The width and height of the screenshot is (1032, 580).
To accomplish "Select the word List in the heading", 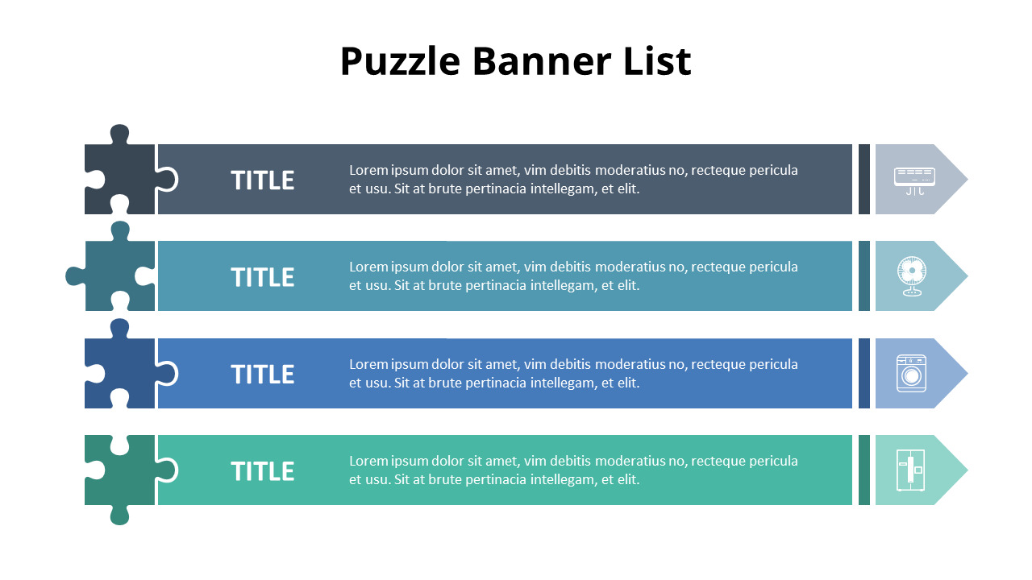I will (656, 62).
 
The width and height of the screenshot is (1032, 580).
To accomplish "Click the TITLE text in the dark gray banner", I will (262, 180).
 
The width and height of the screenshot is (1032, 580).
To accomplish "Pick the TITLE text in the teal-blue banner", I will (262, 277).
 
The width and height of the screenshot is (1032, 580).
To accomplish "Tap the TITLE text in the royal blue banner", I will (262, 375).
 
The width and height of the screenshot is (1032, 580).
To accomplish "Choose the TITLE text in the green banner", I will (262, 471).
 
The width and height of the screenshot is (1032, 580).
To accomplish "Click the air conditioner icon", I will (914, 180).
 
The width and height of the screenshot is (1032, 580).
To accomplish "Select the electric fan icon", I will (912, 275).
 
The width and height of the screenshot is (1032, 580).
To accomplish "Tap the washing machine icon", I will (912, 374).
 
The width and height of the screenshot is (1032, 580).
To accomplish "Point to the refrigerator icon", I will (911, 470).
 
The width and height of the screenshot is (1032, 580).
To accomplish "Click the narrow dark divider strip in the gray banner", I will (864, 179).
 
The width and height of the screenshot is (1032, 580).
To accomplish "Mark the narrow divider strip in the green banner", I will (864, 470).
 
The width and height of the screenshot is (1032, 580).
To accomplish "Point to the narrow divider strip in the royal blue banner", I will (864, 373).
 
